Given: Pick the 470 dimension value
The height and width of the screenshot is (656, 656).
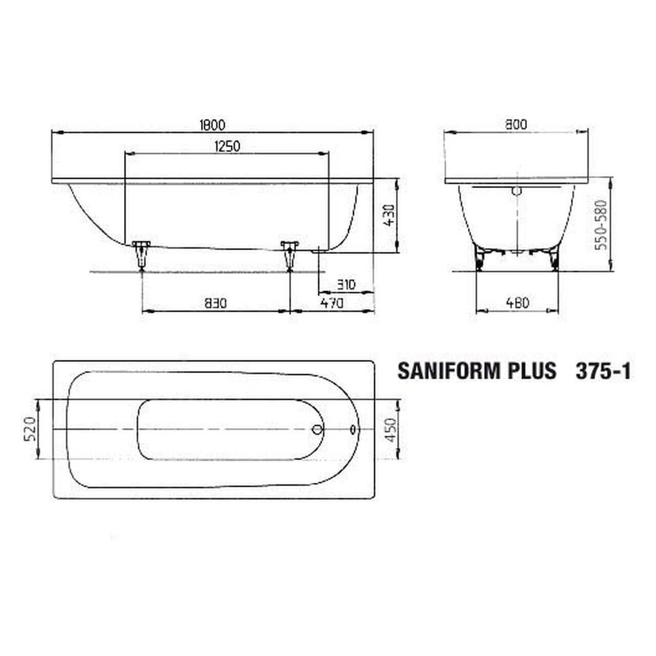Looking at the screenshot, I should pyautogui.click(x=332, y=303).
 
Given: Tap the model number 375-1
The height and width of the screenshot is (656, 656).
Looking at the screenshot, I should pyautogui.click(x=603, y=371).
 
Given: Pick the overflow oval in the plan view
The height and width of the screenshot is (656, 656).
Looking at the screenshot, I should pyautogui.click(x=354, y=429).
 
